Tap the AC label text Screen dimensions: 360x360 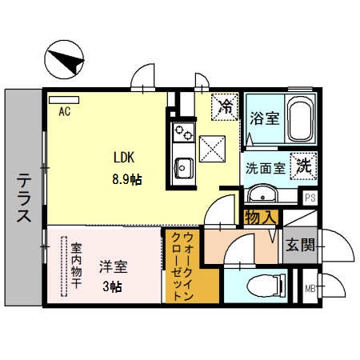(x=65, y=112)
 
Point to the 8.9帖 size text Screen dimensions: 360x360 (x=125, y=180)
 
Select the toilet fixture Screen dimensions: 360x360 (x=264, y=285)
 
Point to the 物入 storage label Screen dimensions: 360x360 (x=261, y=216)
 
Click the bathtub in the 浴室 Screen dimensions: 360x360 (x=299, y=120)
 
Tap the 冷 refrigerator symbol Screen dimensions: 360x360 (x=226, y=105)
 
